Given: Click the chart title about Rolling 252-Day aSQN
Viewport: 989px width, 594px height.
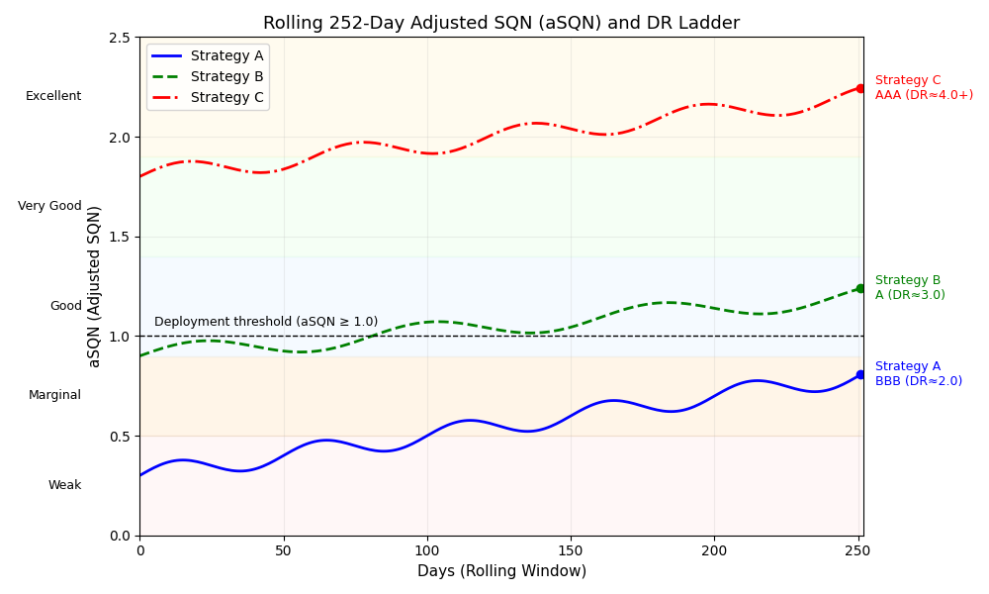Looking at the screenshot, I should tap(500, 23).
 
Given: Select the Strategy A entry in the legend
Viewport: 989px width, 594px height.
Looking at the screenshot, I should tap(226, 56).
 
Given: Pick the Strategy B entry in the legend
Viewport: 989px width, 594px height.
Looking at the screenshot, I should tap(226, 76).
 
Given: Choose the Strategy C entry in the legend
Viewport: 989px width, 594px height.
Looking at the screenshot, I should tap(226, 97).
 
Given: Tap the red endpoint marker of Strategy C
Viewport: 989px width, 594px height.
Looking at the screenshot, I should tap(860, 88).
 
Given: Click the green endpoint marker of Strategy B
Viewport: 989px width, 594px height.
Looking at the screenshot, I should tap(860, 288).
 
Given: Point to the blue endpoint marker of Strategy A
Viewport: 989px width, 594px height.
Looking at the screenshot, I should tap(860, 374).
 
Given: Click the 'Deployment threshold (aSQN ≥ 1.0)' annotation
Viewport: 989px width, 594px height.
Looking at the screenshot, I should tap(266, 322).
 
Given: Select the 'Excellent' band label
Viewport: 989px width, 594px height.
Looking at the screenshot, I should tap(53, 96).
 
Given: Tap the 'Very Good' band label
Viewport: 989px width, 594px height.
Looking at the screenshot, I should tap(49, 206).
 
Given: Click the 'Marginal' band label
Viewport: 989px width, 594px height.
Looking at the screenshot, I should tap(54, 395).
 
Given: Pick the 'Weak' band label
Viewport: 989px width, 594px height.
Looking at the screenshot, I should tap(64, 485).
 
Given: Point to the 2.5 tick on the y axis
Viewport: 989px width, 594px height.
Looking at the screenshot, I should tap(121, 38).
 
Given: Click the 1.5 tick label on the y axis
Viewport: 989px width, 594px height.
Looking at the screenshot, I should tap(121, 237).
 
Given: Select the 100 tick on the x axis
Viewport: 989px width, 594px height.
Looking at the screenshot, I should tap(426, 549).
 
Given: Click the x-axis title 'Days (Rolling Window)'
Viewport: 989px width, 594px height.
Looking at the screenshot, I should tap(501, 571).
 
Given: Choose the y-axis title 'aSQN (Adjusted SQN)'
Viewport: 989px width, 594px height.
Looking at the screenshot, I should tap(95, 286).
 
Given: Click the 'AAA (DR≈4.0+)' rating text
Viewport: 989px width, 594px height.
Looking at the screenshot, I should tap(924, 95).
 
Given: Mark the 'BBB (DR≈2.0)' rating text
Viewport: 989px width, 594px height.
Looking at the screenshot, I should tap(918, 381).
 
